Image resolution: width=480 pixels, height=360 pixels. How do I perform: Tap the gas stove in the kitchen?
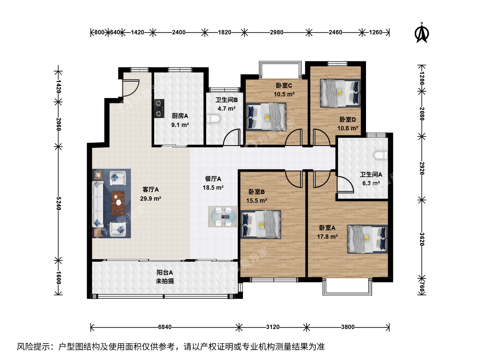tap(159, 109)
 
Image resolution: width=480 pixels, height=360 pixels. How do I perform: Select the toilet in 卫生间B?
tap(213, 119)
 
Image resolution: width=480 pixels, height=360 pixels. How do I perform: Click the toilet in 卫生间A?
tap(381, 155)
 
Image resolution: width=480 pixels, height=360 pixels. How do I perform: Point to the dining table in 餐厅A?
tap(223, 217)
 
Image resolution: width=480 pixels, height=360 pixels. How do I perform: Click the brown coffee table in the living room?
tap(118, 203)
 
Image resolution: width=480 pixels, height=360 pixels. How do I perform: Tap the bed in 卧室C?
tap(266, 117)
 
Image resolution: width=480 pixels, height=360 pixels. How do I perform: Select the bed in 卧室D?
tap(340, 93)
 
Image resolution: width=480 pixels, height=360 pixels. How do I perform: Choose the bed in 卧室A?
tap(368, 239)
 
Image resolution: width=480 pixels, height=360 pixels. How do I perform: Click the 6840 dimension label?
tap(165, 327)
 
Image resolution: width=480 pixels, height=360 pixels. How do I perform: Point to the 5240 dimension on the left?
tap(59, 203)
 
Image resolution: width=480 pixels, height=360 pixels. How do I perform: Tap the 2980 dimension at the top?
tap(276, 32)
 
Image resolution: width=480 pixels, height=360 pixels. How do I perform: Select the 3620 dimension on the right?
tap(422, 239)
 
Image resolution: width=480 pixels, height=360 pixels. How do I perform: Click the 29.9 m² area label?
tap(151, 198)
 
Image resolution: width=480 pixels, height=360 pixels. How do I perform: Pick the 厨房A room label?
tap(180, 116)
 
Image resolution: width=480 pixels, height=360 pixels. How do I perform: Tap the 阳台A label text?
tap(165, 272)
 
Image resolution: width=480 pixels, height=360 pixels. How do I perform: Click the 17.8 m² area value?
tap(327, 237)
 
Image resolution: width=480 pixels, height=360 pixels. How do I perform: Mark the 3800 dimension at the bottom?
tap(348, 327)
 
